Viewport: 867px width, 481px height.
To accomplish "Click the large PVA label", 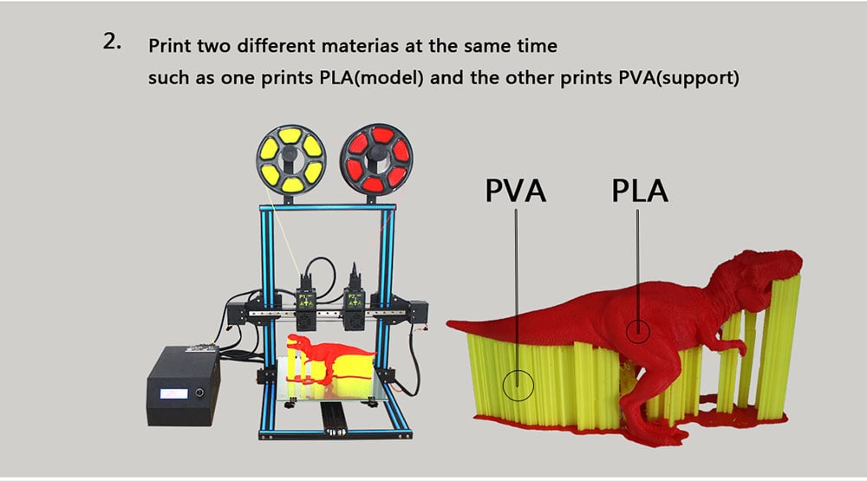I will (x=516, y=190).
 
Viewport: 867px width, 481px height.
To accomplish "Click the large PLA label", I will (x=640, y=190).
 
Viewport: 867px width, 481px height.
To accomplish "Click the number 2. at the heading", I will (x=112, y=42).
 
